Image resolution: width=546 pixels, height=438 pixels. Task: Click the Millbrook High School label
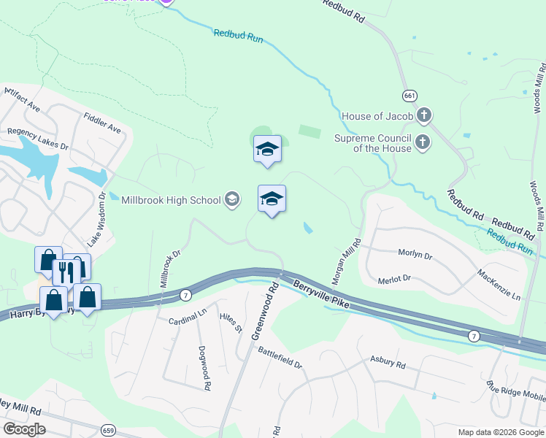171,200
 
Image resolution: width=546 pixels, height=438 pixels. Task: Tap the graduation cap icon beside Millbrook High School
232,199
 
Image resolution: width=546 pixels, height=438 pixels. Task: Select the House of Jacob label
377,116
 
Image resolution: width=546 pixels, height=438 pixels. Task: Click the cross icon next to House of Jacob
424,115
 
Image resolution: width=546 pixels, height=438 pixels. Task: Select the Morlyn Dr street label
415,255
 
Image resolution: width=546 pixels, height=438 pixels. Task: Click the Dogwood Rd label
204,367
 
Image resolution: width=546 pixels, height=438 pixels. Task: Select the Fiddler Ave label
102,122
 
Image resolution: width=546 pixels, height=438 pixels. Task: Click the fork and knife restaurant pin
66,272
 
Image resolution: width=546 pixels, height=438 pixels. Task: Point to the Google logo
25,429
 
